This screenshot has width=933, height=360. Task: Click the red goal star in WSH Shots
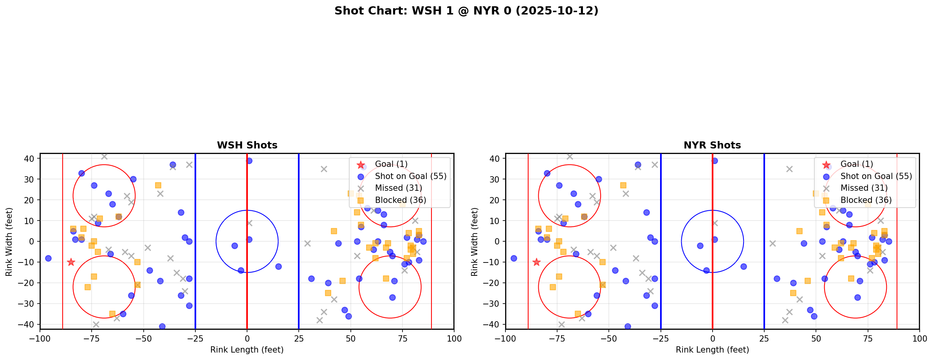71,262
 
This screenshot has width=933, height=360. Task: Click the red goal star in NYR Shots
536,262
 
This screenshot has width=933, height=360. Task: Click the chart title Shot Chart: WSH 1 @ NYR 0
466,11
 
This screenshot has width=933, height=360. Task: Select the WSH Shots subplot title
247,145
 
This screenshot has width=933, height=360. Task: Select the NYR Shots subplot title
712,145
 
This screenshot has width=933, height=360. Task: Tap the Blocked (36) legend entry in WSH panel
400,200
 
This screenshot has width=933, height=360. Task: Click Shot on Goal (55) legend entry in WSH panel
410,176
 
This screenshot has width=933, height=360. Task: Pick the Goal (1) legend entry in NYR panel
857,164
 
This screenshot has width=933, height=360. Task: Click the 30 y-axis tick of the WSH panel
31,179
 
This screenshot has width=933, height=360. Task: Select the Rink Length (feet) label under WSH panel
247,350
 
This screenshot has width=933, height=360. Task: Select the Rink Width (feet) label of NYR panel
475,241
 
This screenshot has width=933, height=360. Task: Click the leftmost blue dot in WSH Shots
48,258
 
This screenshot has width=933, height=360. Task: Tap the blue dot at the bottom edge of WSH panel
162,326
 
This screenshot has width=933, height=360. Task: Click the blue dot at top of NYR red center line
715,161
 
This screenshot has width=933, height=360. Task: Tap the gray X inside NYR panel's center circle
715,223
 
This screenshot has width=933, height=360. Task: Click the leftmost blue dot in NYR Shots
514,258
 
